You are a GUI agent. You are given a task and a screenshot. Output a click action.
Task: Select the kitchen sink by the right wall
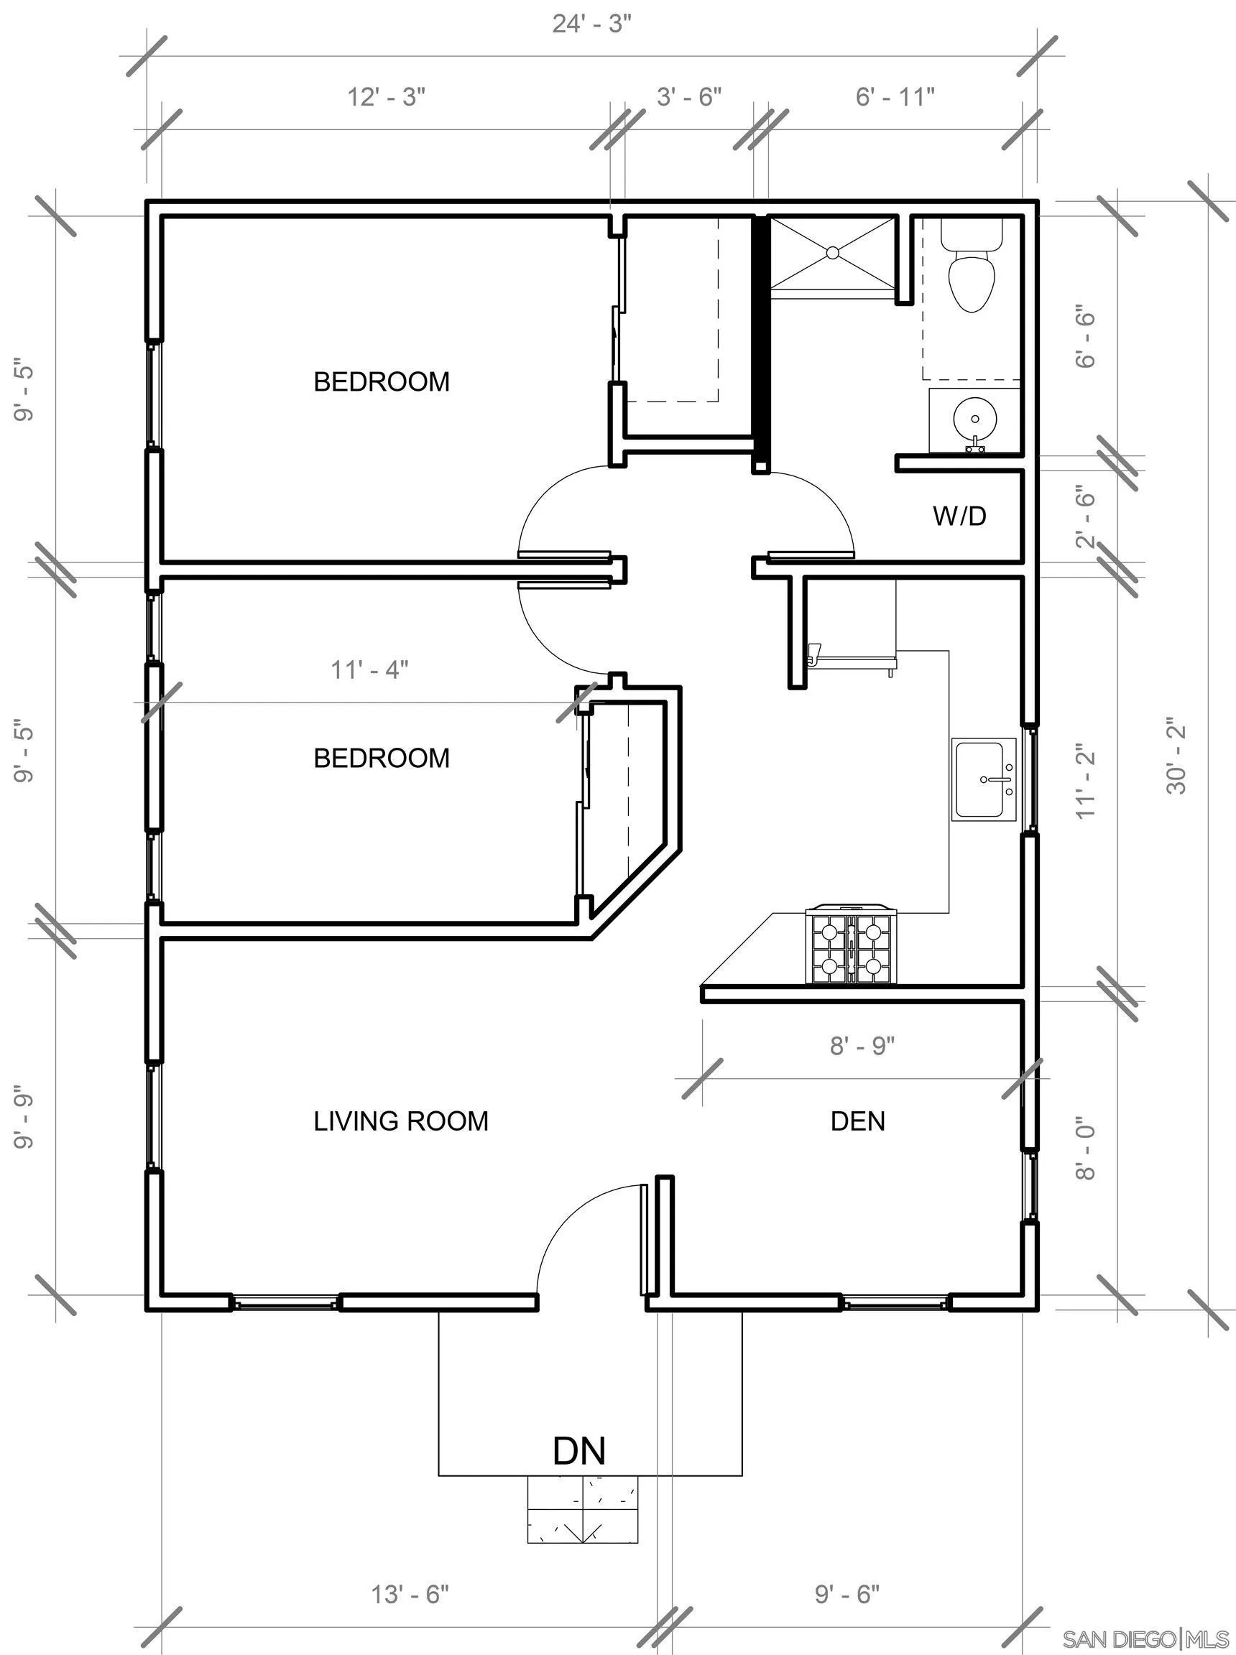click(x=984, y=779)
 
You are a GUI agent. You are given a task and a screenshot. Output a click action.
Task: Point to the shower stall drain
click(x=832, y=254)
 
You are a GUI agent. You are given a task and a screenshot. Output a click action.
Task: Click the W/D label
click(x=959, y=515)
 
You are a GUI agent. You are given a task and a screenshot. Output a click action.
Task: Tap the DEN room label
click(x=858, y=1121)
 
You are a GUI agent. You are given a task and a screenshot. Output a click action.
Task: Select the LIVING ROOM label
click(x=401, y=1121)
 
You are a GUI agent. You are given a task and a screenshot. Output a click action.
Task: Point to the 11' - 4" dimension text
click(x=369, y=669)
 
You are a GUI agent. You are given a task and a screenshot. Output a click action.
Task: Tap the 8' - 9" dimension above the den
click(x=862, y=1045)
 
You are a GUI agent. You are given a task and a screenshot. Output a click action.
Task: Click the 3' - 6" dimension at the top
click(x=689, y=96)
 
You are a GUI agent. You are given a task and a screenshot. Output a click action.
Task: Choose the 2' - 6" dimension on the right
click(x=1086, y=516)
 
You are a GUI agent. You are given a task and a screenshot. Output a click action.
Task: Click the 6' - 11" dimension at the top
click(x=895, y=96)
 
